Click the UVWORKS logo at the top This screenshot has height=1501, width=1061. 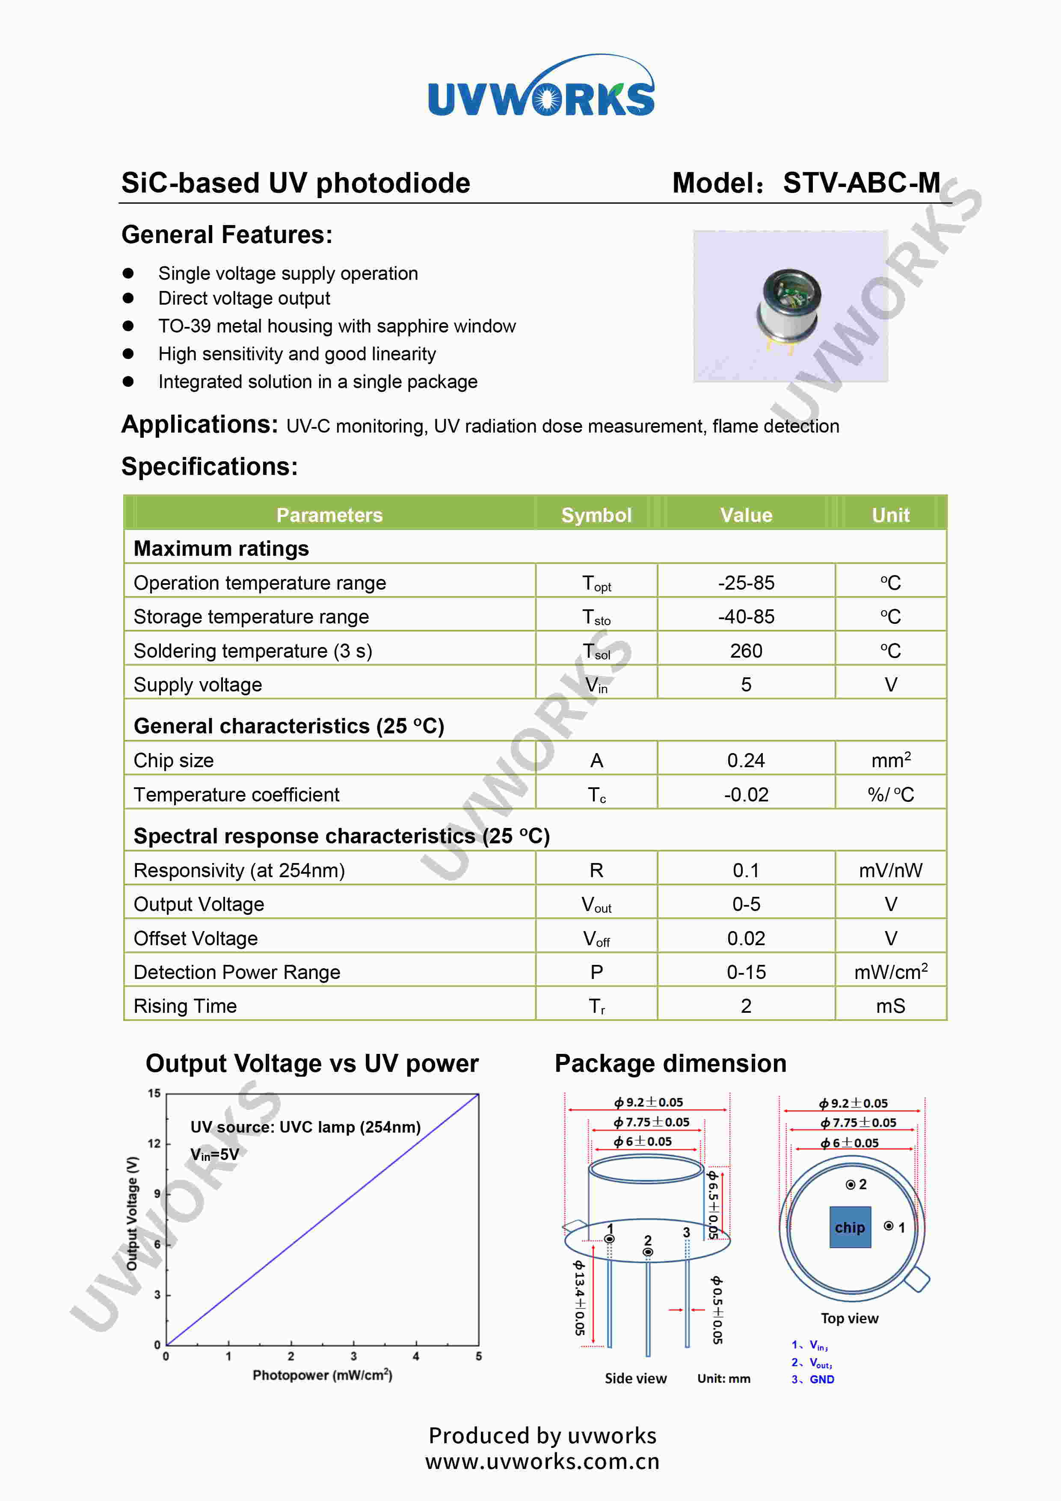pos(541,87)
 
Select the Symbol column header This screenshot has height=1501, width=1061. pos(596,515)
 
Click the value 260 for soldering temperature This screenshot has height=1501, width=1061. pos(746,650)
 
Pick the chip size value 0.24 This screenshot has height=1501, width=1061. pos(746,760)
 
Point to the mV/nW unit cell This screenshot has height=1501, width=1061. pos(890,870)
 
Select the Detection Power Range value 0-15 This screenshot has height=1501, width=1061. pos(746,972)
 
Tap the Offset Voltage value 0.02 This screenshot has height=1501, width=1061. pos(746,938)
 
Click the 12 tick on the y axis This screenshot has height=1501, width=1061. pos(154,1143)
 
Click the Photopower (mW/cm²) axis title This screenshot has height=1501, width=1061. pos(322,1375)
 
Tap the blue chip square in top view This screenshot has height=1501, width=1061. pos(850,1227)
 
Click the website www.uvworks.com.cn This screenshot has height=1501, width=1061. pos(542,1461)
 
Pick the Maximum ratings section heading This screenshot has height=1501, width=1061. pos(221,549)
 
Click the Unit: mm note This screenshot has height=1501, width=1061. pos(724,1378)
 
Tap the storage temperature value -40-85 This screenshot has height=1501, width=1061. pos(746,617)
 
